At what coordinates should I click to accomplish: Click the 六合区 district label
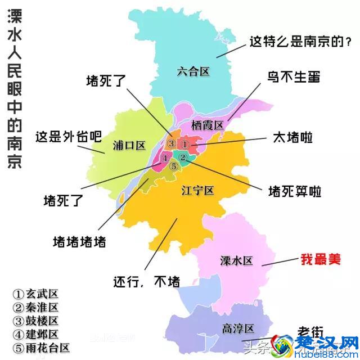pos(192,72)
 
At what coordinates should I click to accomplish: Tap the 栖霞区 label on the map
pos(208,124)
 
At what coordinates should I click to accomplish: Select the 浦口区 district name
pos(129,145)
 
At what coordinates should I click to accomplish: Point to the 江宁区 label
pos(197,191)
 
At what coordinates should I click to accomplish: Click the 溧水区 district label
pos(236,260)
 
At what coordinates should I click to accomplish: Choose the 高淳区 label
pos(238,328)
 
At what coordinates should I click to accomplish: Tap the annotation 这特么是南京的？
pos(301,42)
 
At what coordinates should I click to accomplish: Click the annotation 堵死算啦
pos(294,192)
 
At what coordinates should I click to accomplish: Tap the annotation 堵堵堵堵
pos(79,242)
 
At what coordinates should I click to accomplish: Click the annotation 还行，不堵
pos(146,281)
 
